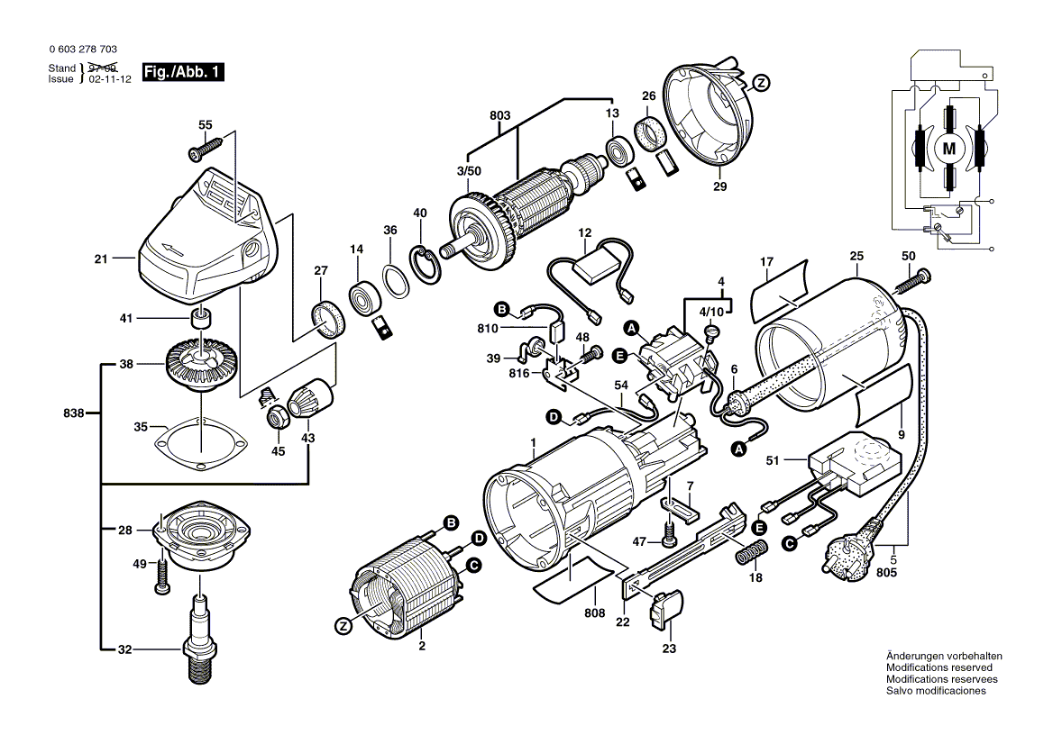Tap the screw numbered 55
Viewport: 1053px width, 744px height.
[205, 149]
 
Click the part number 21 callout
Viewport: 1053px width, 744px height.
[100, 259]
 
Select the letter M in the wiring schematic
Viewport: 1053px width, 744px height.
[948, 148]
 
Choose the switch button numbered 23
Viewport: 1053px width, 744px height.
[668, 610]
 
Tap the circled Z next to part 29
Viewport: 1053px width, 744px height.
[761, 83]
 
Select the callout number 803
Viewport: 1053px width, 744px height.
[499, 115]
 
